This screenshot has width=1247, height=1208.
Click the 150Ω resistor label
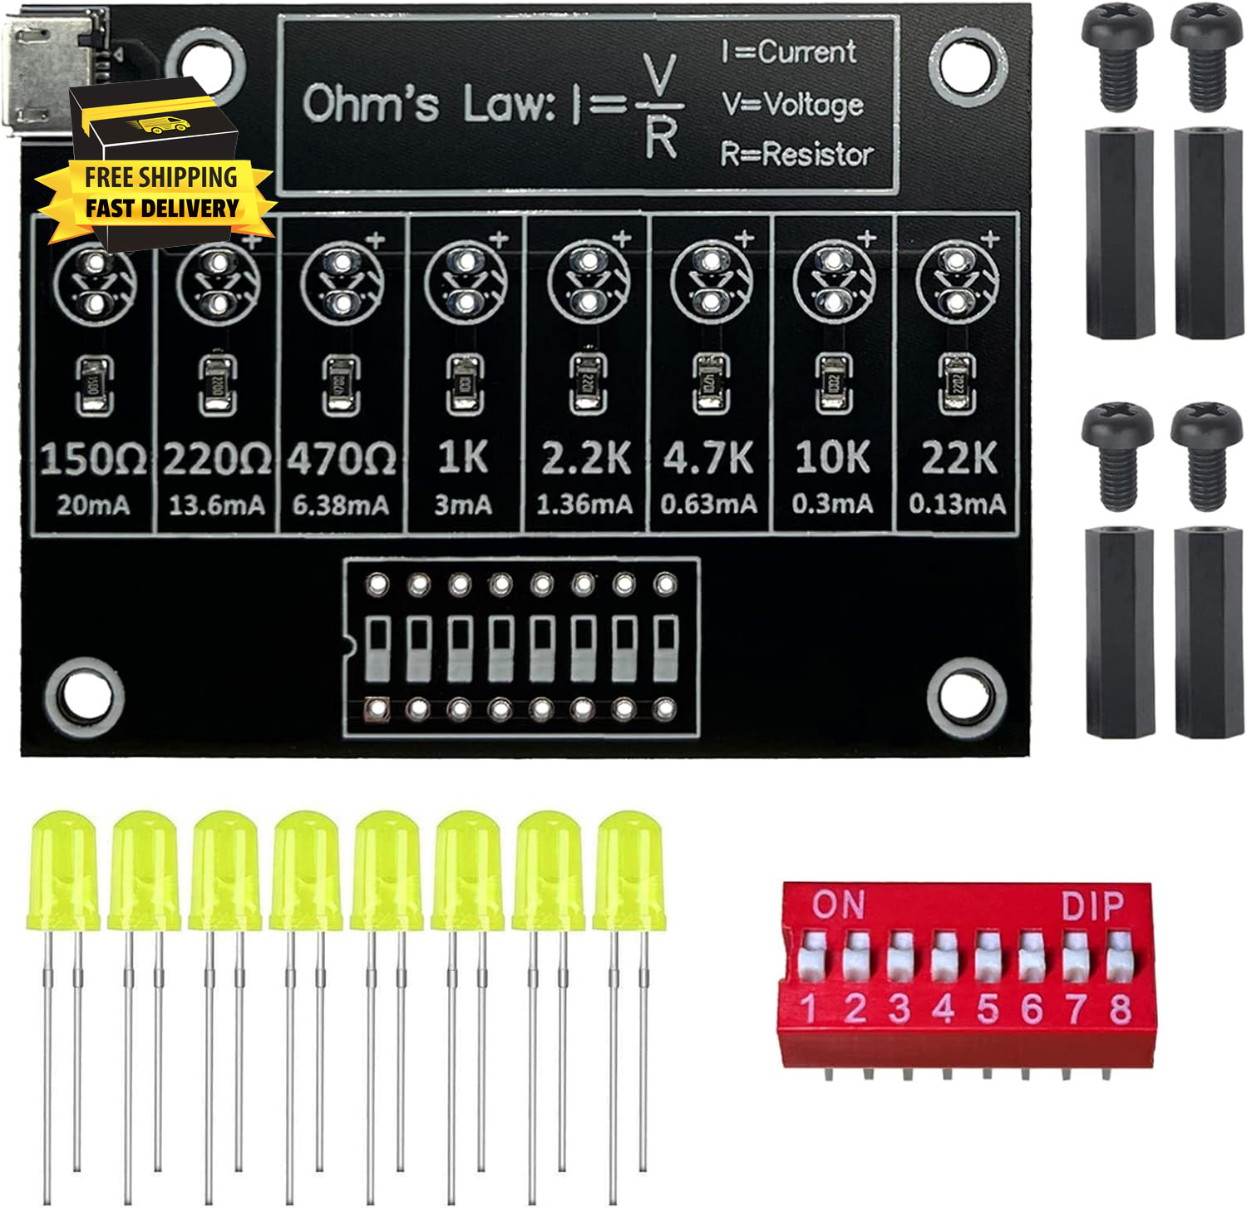pyautogui.click(x=92, y=459)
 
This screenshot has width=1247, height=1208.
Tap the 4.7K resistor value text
pyautogui.click(x=708, y=459)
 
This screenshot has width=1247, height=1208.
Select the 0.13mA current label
pyautogui.click(x=957, y=504)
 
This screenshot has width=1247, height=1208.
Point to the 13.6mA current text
pyautogui.click(x=216, y=505)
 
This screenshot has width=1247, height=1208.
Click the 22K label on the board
pyautogui.click(x=959, y=459)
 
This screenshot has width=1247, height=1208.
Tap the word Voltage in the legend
pyautogui.click(x=813, y=105)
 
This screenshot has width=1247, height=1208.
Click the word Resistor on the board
pyautogui.click(x=818, y=155)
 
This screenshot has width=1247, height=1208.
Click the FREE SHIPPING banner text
pyautogui.click(x=160, y=177)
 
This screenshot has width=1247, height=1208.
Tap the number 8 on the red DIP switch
pyautogui.click(x=1120, y=1009)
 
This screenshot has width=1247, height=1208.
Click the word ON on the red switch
pyautogui.click(x=838, y=905)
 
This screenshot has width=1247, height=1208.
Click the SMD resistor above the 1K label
pyautogui.click(x=464, y=384)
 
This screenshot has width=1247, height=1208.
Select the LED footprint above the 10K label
pyautogui.click(x=833, y=281)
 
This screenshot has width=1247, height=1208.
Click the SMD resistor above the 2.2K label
pyautogui.click(x=588, y=384)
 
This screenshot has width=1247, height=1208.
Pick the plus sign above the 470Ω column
pyautogui.click(x=376, y=240)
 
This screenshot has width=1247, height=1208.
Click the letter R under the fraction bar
pyautogui.click(x=661, y=137)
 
